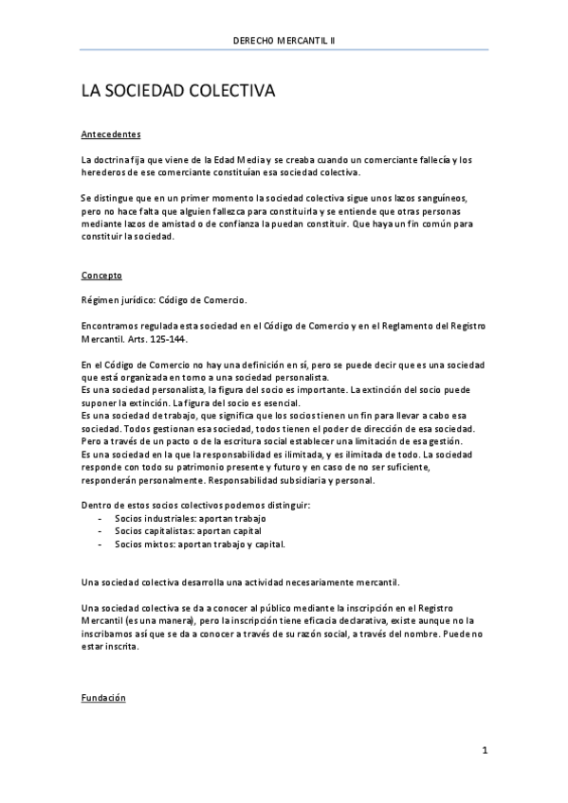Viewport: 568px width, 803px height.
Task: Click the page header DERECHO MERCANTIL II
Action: (x=284, y=41)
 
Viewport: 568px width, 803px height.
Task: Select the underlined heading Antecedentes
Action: (x=111, y=134)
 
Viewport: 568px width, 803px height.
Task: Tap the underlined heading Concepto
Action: (x=101, y=276)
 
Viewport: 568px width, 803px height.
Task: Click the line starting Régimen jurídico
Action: (x=164, y=300)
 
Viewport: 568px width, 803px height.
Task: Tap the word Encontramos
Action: (x=111, y=325)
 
